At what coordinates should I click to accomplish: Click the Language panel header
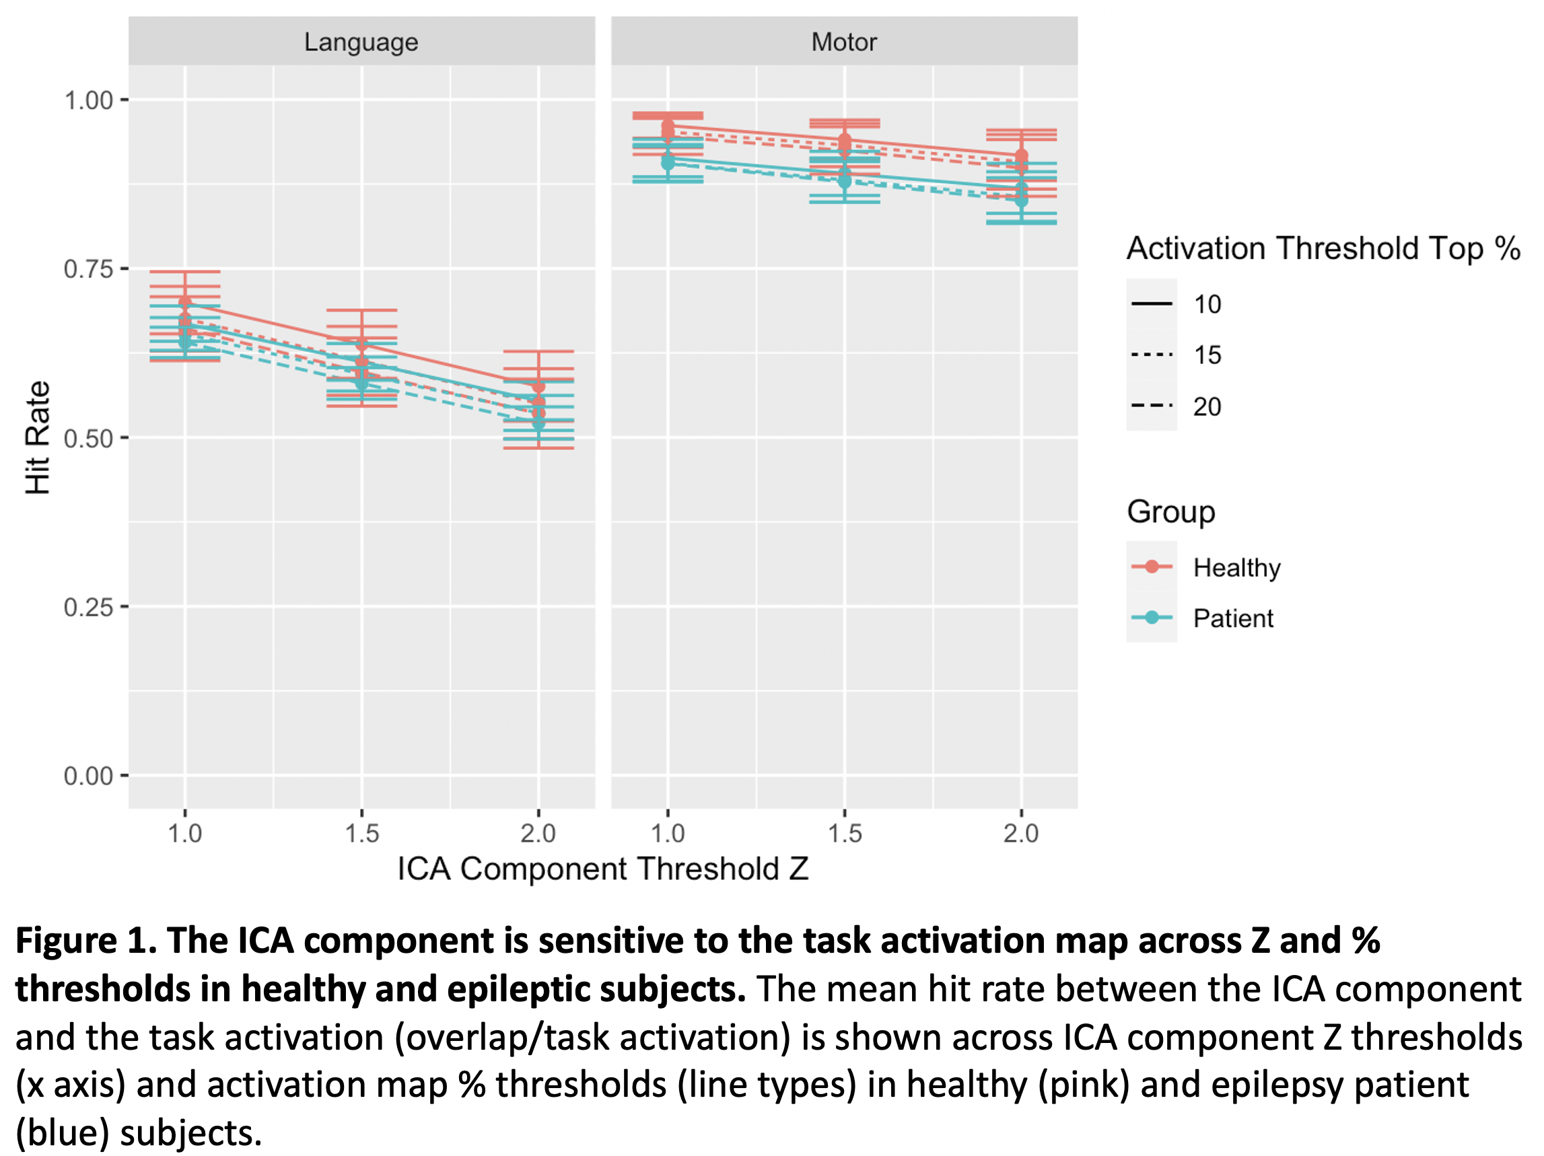tap(361, 42)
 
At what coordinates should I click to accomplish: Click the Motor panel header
tap(843, 42)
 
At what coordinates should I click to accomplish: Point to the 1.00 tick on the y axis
tap(89, 100)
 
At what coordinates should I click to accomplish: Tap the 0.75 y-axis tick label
tap(89, 269)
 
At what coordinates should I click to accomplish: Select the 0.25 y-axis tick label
tap(89, 607)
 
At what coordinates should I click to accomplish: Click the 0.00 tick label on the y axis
tap(89, 776)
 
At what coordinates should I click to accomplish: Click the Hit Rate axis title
tap(38, 437)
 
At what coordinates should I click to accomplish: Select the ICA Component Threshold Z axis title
tap(602, 869)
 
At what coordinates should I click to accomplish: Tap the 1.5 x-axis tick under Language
tap(361, 833)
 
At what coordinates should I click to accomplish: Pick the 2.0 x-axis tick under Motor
tap(1020, 833)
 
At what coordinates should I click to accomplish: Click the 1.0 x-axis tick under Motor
tap(668, 833)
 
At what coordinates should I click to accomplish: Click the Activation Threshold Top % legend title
tap(1323, 248)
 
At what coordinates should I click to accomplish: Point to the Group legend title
tap(1170, 511)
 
